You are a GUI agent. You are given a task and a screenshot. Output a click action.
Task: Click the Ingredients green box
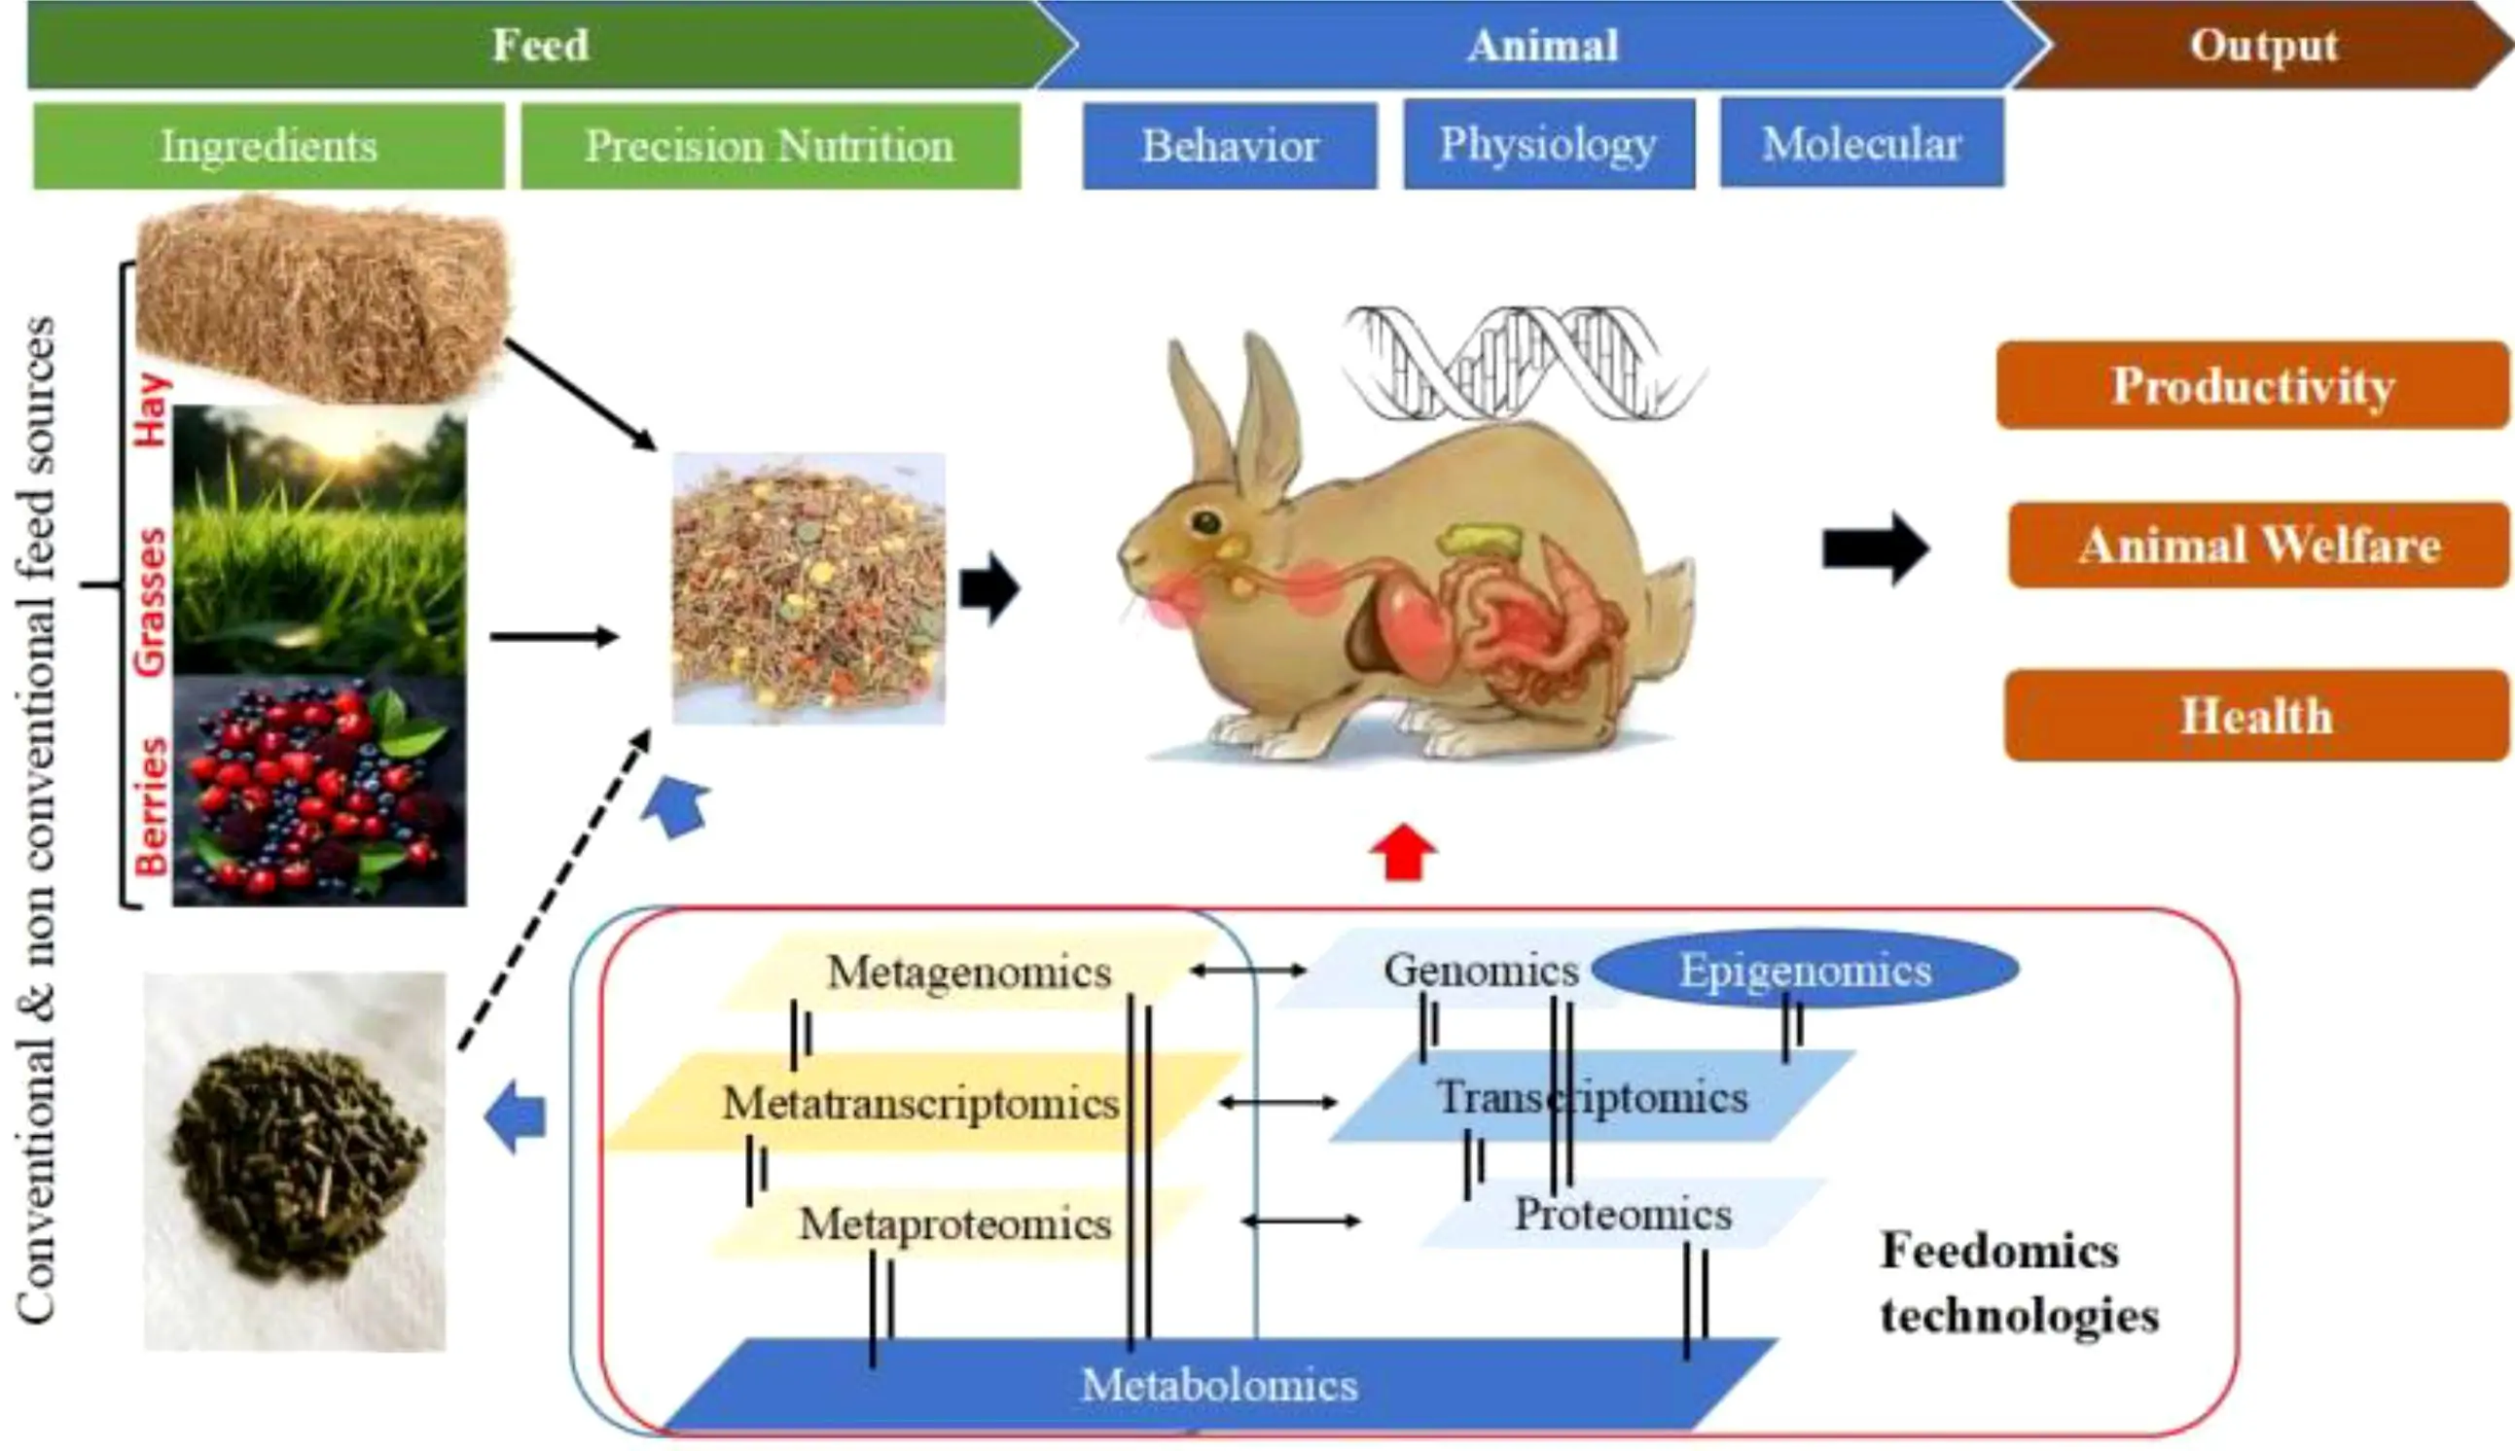269,146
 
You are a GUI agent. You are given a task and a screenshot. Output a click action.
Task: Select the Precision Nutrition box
770,146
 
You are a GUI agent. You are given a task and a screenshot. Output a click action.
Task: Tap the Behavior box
1229,146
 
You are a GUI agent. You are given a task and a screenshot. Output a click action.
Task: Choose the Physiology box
1548,144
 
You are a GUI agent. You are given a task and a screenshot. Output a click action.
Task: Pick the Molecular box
1861,143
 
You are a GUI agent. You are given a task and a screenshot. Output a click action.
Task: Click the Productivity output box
2252,386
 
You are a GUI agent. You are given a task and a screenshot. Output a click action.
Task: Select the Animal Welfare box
2258,546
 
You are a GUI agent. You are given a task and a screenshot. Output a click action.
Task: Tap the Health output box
2256,716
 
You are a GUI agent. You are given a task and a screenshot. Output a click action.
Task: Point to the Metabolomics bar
1219,1385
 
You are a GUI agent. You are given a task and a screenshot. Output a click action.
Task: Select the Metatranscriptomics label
920,1103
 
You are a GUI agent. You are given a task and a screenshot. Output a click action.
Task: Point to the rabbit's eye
1206,521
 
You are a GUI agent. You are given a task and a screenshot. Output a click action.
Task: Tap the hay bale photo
321,299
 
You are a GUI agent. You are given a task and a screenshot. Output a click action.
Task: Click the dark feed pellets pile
297,1161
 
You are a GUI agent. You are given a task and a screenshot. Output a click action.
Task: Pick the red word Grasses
151,603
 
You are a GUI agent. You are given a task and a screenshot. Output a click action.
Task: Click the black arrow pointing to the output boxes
1874,549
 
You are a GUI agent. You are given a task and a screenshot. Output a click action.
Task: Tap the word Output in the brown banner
2263,46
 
